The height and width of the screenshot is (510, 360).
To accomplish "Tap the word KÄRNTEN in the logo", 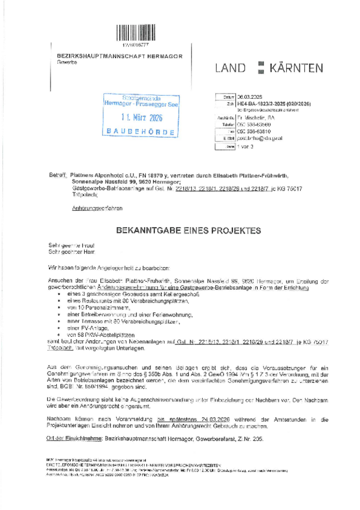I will (x=296, y=68).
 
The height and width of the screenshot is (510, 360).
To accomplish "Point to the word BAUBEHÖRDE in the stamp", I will (x=141, y=132).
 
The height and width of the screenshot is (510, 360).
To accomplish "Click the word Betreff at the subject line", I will (x=59, y=175).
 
